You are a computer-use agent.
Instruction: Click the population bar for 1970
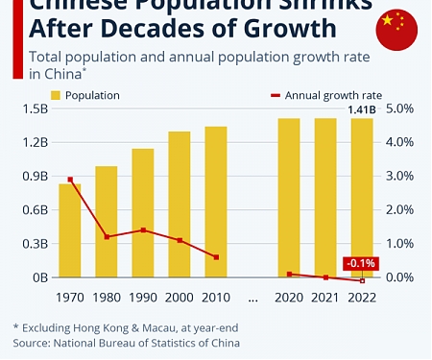click(x=70, y=230)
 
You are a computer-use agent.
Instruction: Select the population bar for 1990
click(x=143, y=213)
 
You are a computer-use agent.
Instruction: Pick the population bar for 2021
click(x=326, y=198)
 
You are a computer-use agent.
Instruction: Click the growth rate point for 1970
click(x=70, y=180)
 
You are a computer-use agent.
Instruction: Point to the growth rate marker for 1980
click(x=107, y=236)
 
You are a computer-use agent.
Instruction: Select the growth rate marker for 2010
click(x=216, y=257)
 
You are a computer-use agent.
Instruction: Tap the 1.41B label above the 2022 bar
click(x=361, y=110)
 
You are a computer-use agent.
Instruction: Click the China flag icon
click(x=396, y=29)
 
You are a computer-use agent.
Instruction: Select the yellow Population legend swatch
click(x=56, y=95)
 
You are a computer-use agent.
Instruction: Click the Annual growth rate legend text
click(x=335, y=95)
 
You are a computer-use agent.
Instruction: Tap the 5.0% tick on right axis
click(x=398, y=108)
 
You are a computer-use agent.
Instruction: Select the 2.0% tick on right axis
click(x=398, y=210)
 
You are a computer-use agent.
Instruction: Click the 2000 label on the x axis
click(x=180, y=297)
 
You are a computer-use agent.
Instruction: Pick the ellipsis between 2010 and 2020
click(x=252, y=297)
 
